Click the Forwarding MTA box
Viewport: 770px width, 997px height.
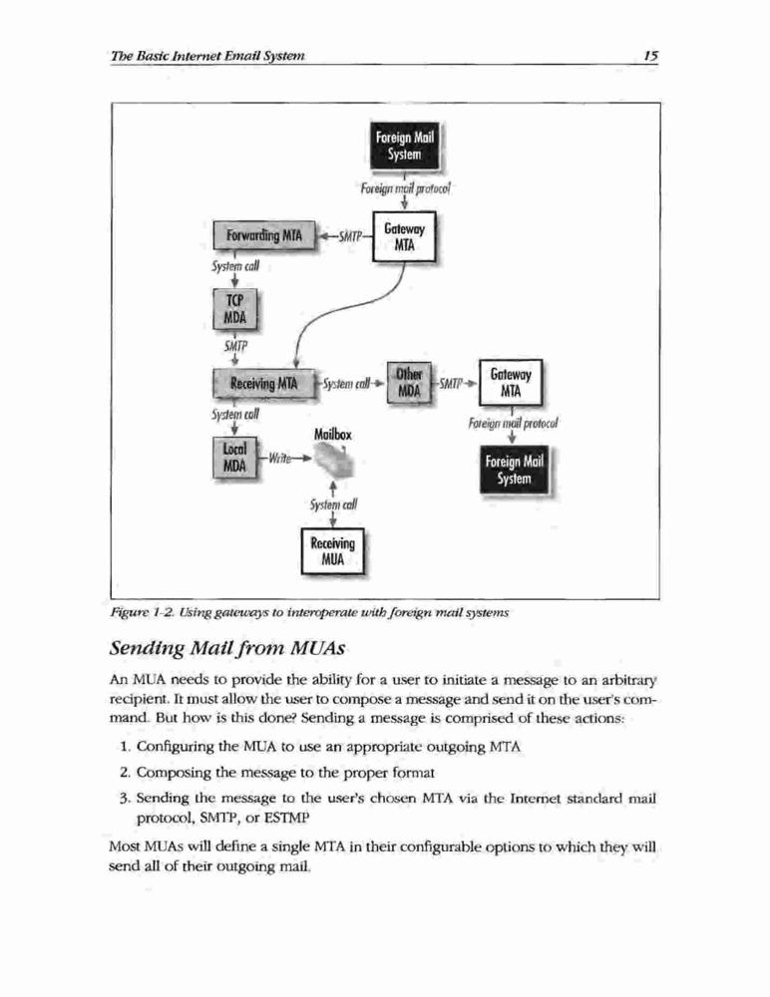pyautogui.click(x=264, y=235)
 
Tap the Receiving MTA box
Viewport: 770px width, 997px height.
pyautogui.click(x=263, y=384)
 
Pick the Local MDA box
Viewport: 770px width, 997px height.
pyautogui.click(x=234, y=458)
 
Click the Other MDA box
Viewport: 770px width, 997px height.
pyautogui.click(x=409, y=383)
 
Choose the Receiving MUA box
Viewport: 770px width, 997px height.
pyautogui.click(x=333, y=551)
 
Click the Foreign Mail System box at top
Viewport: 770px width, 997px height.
pyautogui.click(x=405, y=146)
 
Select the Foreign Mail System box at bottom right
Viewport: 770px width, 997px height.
pyautogui.click(x=515, y=470)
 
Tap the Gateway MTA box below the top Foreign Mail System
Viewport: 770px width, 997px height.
pyautogui.click(x=404, y=237)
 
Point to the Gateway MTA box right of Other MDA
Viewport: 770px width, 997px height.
pyautogui.click(x=511, y=383)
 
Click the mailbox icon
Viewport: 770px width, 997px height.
pyautogui.click(x=333, y=461)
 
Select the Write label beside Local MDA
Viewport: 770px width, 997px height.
pyautogui.click(x=279, y=458)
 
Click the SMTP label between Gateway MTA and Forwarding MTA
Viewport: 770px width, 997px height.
pyautogui.click(x=350, y=237)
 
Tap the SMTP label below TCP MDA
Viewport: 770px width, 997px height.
pyautogui.click(x=235, y=347)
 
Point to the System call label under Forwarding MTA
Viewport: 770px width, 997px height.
pyautogui.click(x=235, y=266)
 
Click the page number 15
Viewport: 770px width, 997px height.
pyautogui.click(x=649, y=55)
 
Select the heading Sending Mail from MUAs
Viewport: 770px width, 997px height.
pyautogui.click(x=227, y=648)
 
